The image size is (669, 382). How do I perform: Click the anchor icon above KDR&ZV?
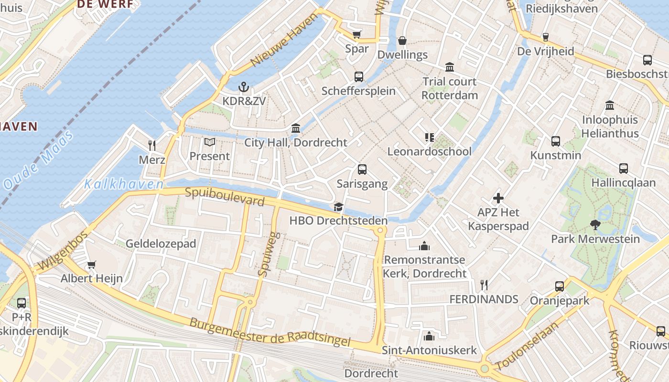pyautogui.click(x=244, y=87)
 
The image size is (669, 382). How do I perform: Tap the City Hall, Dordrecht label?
pyautogui.click(x=296, y=142)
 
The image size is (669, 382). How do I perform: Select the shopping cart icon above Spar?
pyautogui.click(x=356, y=34)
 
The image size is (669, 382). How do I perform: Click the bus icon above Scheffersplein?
pyautogui.click(x=358, y=76)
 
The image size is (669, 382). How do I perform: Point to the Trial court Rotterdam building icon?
pyautogui.click(x=449, y=67)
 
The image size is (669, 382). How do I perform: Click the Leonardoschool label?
pyautogui.click(x=429, y=151)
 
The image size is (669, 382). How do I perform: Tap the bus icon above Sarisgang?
pyautogui.click(x=362, y=170)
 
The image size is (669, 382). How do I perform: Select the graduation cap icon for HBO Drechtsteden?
pyautogui.click(x=338, y=207)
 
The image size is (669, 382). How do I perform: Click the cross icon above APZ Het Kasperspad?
pyautogui.click(x=498, y=198)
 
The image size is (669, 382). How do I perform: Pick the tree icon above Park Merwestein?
pyautogui.click(x=595, y=224)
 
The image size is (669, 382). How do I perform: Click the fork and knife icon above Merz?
pyautogui.click(x=152, y=145)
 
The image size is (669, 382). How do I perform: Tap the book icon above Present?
pyautogui.click(x=209, y=142)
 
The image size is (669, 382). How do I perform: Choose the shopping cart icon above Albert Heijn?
pyautogui.click(x=91, y=264)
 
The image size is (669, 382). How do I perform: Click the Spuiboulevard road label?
pyautogui.click(x=225, y=197)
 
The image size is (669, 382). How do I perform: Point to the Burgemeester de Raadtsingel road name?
pyautogui.click(x=270, y=332)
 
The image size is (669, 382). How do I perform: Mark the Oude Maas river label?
pyautogui.click(x=38, y=160)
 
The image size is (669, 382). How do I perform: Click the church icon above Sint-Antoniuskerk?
pyautogui.click(x=429, y=336)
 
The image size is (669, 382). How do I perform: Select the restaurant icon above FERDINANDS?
pyautogui.click(x=484, y=285)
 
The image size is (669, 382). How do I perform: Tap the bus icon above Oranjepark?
pyautogui.click(x=559, y=286)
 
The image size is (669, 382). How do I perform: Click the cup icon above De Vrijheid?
pyautogui.click(x=545, y=37)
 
